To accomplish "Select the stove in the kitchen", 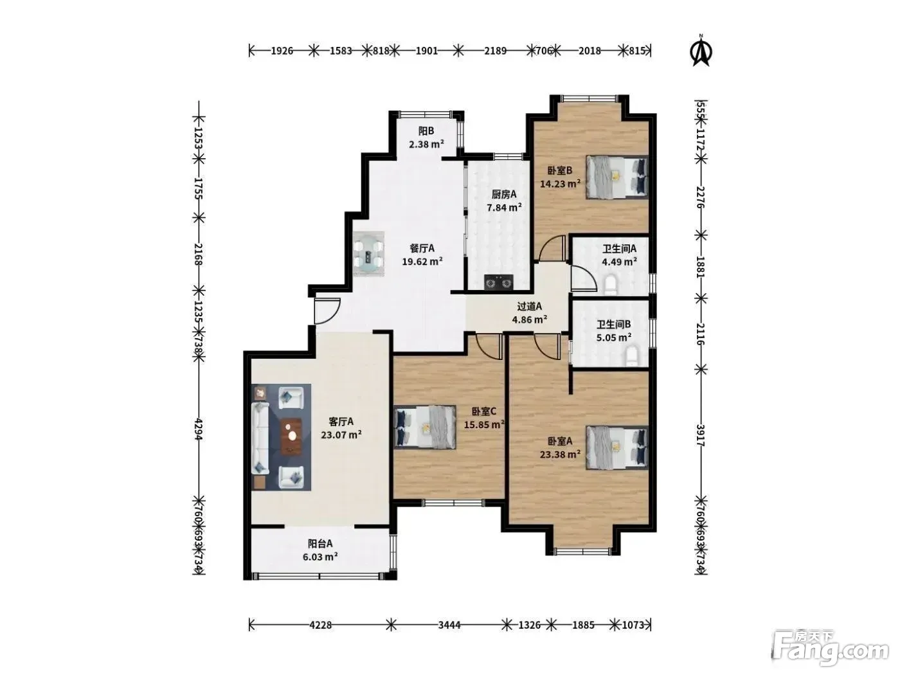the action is [498, 282].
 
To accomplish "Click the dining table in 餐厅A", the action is [368, 253].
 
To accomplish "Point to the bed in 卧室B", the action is [616, 177].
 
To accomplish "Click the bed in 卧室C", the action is [424, 427].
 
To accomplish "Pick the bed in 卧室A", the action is [616, 447].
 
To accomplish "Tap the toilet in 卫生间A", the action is [611, 285].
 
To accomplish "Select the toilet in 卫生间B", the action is [632, 357].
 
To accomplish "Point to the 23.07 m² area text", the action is [341, 435].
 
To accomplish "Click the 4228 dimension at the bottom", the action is [320, 625].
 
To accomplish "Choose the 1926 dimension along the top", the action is [282, 51].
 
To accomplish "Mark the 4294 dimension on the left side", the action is [199, 429].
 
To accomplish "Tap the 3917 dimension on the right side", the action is [701, 435].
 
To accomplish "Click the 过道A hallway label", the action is [529, 306].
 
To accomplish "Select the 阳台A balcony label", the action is [320, 543].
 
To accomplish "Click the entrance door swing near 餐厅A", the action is [327, 311].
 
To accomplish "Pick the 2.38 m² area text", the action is [426, 144].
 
